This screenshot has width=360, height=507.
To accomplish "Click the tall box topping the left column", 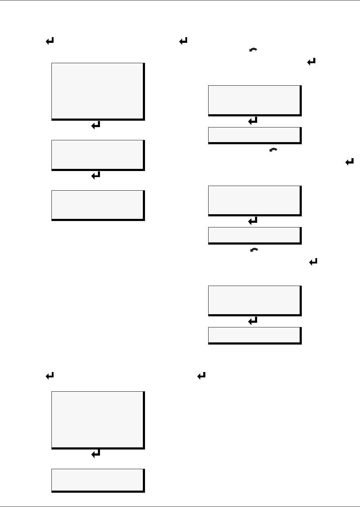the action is pyautogui.click(x=97, y=91).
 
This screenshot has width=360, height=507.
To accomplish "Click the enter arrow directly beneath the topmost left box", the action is pyautogui.click(x=96, y=125).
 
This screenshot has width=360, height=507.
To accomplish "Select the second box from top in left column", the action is pyautogui.click(x=97, y=155).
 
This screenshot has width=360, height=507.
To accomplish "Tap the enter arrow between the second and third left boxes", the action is pyautogui.click(x=96, y=175).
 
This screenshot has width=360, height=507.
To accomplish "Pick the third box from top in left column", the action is pyautogui.click(x=97, y=205).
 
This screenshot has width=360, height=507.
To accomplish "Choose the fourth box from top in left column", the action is pyautogui.click(x=97, y=420).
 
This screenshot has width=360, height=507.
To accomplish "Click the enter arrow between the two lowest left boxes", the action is pyautogui.click(x=96, y=454).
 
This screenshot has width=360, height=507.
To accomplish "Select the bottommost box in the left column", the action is pyautogui.click(x=97, y=480).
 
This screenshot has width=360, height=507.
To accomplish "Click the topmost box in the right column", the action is pyautogui.click(x=254, y=100).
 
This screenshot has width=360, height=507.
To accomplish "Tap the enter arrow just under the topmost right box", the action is pyautogui.click(x=253, y=121).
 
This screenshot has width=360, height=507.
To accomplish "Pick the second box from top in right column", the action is pyautogui.click(x=254, y=135).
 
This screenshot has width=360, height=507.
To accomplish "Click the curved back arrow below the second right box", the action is pyautogui.click(x=273, y=151).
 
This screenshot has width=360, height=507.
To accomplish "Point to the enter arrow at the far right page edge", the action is pyautogui.click(x=349, y=162).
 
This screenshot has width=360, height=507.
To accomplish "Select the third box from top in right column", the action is pyautogui.click(x=254, y=200).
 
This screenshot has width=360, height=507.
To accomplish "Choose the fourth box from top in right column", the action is pyautogui.click(x=254, y=235).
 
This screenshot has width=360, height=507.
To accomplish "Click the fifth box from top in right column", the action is pyautogui.click(x=254, y=300).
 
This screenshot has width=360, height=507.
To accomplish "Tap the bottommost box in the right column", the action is pyautogui.click(x=254, y=335).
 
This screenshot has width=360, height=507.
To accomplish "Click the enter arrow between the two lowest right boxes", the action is pyautogui.click(x=253, y=321).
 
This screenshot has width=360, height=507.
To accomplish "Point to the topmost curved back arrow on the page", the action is pyautogui.click(x=253, y=51).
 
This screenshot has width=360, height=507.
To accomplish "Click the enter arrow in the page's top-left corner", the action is pyautogui.click(x=50, y=42).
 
